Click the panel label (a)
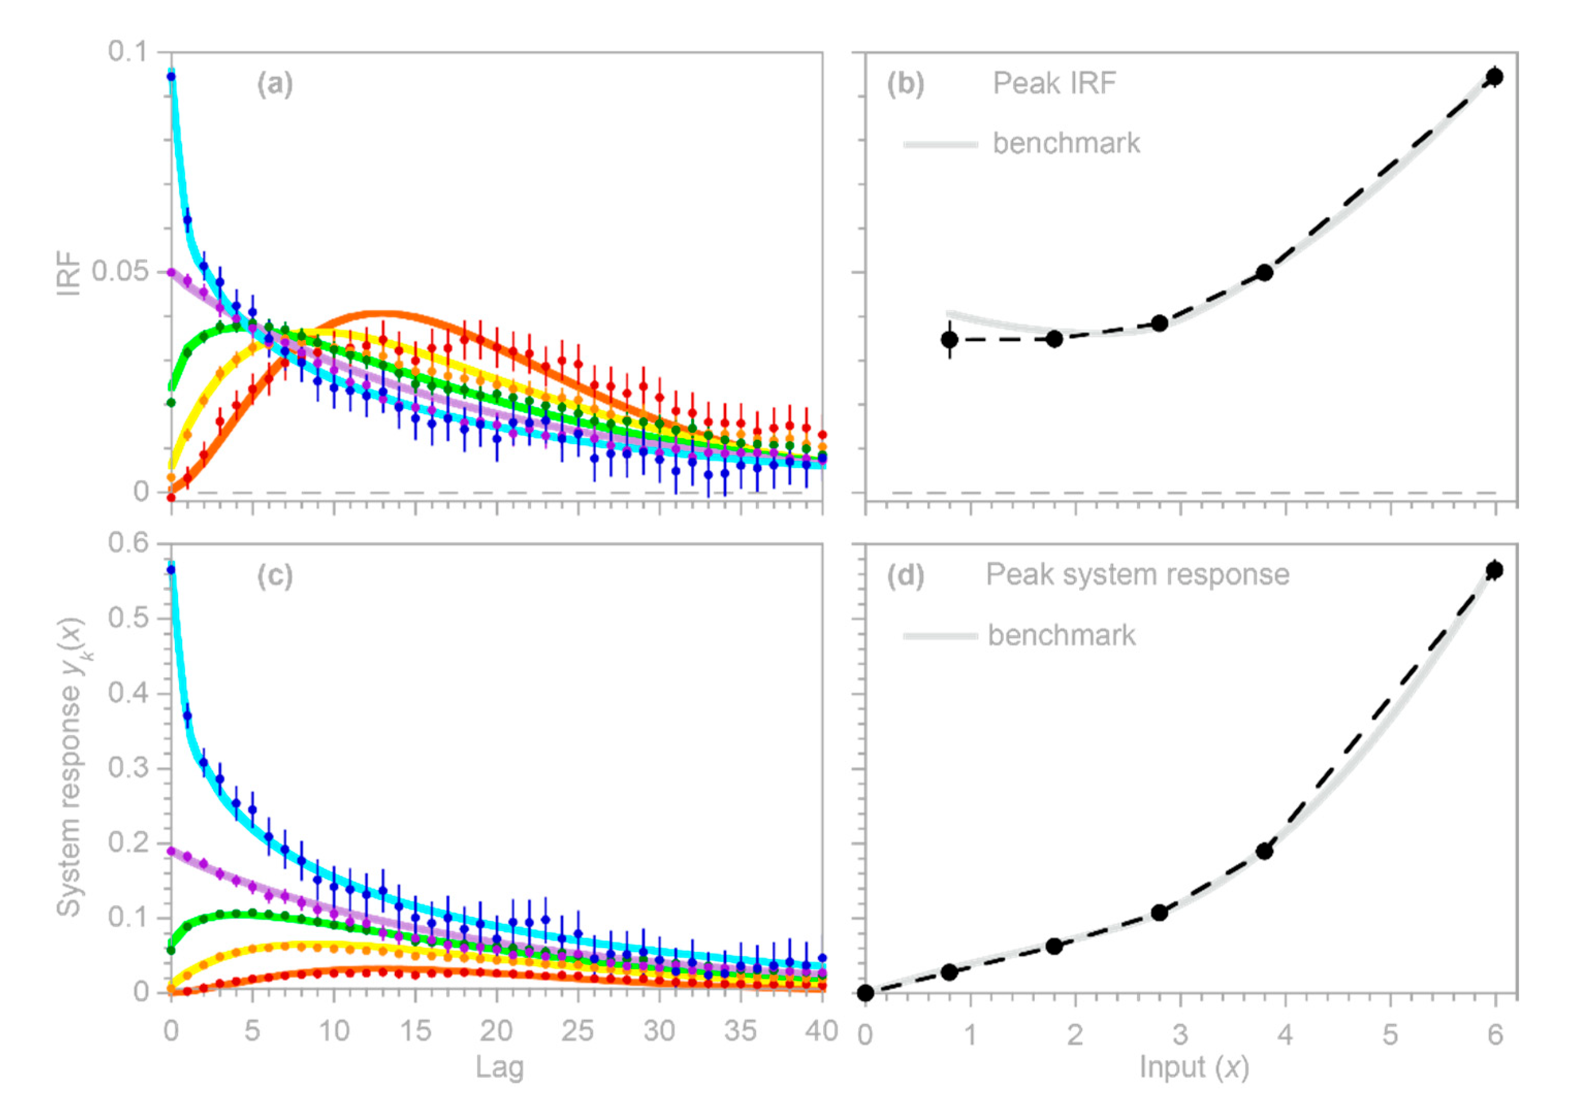[x=275, y=84]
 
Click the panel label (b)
[x=905, y=84]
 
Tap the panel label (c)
[x=275, y=576]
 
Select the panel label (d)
[x=905, y=576]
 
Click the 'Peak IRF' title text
[x=1054, y=84]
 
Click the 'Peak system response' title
[x=1137, y=575]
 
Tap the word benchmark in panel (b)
[x=1066, y=143]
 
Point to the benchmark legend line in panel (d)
[x=940, y=636]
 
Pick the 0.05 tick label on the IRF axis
[x=120, y=271]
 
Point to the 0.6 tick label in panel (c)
[x=128, y=543]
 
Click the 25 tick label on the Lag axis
[x=578, y=1031]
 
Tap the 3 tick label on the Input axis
[x=1180, y=1033]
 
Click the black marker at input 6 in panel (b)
[x=1494, y=76]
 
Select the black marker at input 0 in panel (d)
[x=865, y=992]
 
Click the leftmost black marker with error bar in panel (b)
[x=950, y=339]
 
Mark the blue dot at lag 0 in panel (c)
[x=171, y=569]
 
